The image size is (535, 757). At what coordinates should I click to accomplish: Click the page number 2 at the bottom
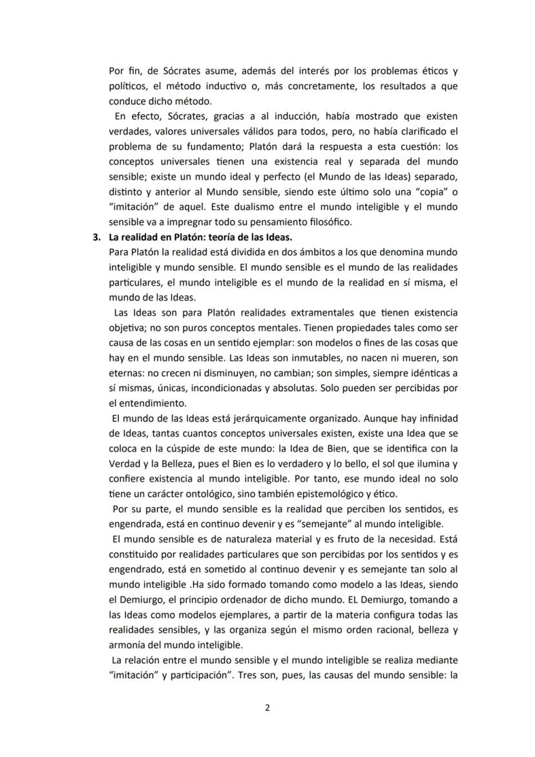[267, 707]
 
